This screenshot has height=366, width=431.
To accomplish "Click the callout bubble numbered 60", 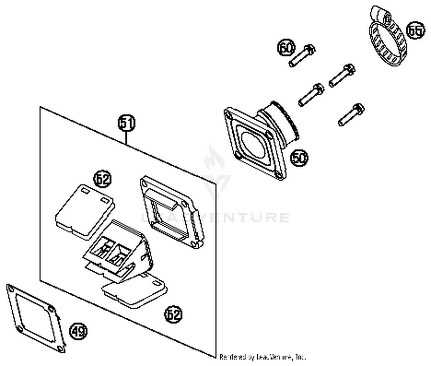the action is click(x=286, y=48).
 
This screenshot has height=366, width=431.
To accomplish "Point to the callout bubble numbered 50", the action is click(x=299, y=158).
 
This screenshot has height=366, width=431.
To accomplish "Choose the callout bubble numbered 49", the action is click(x=78, y=331).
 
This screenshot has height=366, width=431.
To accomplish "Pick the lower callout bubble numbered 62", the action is click(x=173, y=314).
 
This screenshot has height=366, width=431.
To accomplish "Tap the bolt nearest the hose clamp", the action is click(x=342, y=76).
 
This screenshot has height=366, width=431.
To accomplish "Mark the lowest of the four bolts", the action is click(x=351, y=115).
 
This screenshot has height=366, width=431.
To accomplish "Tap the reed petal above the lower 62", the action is click(x=135, y=292).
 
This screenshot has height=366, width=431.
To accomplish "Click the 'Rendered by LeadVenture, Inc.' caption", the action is click(x=262, y=357).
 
